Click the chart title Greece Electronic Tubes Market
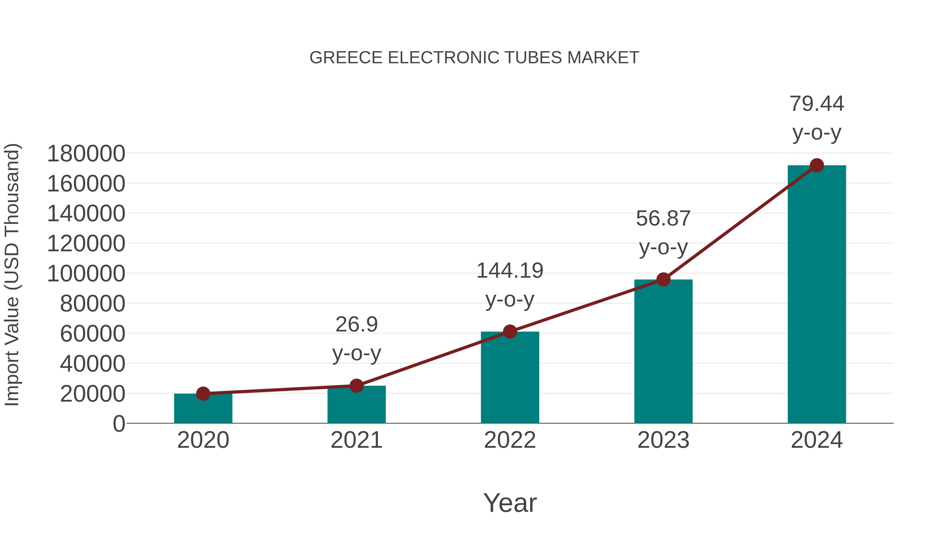(474, 58)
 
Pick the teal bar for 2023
(663, 352)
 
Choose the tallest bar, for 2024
(817, 295)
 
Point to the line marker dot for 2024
(817, 165)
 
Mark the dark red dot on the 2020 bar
(203, 394)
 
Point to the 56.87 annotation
(663, 233)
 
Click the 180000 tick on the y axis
(86, 154)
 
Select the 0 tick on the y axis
(119, 424)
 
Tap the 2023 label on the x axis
(663, 440)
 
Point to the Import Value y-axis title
(12, 275)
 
